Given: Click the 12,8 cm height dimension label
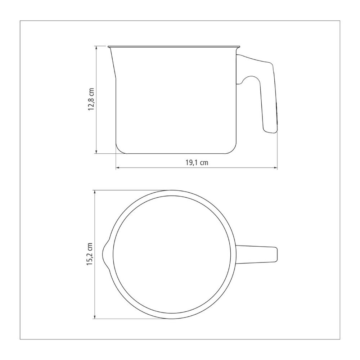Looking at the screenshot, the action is (91, 99).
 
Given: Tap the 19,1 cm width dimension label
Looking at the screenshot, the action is (197, 163).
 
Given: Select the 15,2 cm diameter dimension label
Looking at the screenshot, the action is (90, 254).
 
